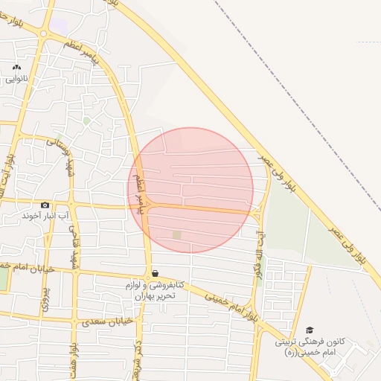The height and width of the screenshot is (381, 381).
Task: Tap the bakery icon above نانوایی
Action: tap(16, 67)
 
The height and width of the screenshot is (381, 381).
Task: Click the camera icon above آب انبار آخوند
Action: tap(45, 205)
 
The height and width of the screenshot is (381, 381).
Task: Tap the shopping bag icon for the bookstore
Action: tap(154, 273)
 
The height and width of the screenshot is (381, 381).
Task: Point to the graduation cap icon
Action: tap(310, 330)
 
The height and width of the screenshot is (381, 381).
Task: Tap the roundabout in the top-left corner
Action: tap(44, 34)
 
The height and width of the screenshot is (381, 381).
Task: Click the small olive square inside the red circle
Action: tap(176, 235)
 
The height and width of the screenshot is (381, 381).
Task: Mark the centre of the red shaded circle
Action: tap(190, 190)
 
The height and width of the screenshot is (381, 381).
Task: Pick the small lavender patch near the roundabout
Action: tap(58, 25)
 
